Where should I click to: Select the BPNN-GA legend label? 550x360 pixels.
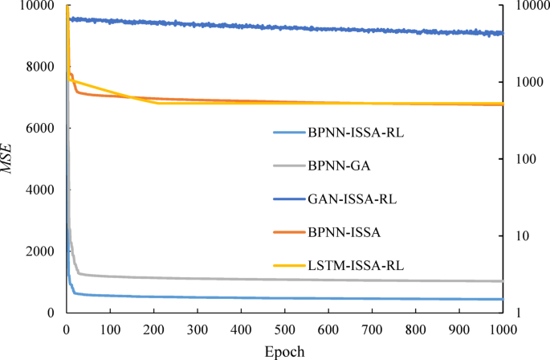(334, 166)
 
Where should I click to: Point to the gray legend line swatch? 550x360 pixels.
(288, 166)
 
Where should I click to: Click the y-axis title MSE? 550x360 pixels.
(10, 158)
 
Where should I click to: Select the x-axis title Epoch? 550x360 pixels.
(284, 350)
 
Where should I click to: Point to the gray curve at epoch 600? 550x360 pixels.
(328, 280)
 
